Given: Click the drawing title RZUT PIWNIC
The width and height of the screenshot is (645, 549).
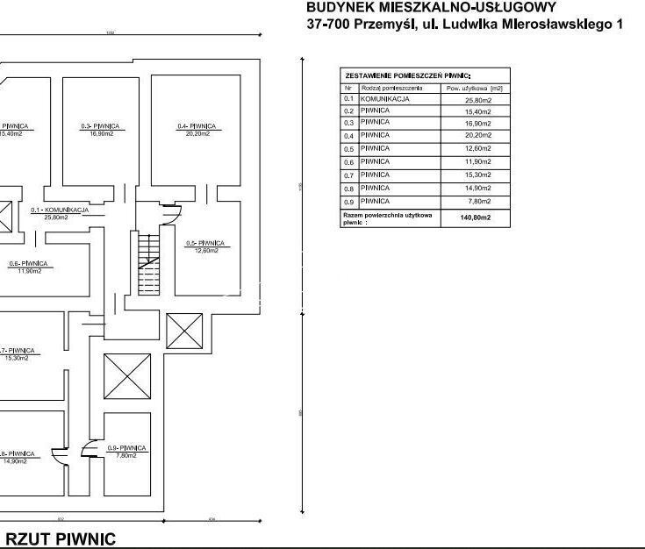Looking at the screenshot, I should (x=61, y=538).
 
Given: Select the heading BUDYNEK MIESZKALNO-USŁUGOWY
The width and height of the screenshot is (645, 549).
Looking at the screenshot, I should (x=431, y=7).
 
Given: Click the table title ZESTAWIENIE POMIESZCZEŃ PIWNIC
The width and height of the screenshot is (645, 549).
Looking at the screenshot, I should (x=408, y=76).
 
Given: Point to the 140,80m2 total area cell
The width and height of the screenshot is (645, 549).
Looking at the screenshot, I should (x=475, y=217).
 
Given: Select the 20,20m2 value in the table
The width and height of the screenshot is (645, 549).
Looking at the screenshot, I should (x=475, y=136).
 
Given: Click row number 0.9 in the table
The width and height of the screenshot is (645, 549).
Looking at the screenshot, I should (x=348, y=201).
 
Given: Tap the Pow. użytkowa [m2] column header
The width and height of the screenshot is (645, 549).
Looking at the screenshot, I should (x=474, y=88).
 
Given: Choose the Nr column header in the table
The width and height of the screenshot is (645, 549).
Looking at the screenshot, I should (x=348, y=88).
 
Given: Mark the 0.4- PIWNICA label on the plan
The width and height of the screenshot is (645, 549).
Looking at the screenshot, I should (x=196, y=127).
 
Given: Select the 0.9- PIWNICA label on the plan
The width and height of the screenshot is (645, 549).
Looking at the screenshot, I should (x=126, y=448).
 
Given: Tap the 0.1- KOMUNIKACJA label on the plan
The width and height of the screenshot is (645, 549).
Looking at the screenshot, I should (x=60, y=210).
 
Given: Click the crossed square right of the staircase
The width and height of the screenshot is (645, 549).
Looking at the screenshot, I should (x=184, y=332).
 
